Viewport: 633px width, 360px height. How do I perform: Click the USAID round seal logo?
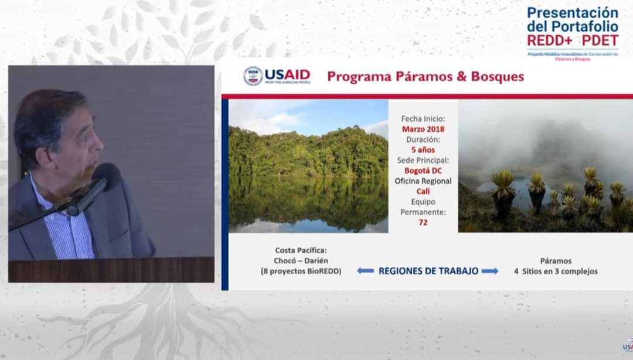(x=253, y=76)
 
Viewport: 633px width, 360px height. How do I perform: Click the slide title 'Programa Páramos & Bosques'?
(x=425, y=77)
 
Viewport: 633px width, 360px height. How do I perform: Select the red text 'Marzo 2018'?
(x=423, y=129)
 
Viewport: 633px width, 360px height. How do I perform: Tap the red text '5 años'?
(x=423, y=150)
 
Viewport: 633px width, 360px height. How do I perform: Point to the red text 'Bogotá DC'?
(x=423, y=171)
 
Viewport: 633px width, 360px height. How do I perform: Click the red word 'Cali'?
(x=423, y=191)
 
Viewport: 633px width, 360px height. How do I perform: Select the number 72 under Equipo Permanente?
(x=423, y=223)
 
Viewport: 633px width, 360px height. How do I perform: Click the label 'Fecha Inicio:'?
(x=423, y=118)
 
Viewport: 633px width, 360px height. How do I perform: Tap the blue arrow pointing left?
(x=365, y=271)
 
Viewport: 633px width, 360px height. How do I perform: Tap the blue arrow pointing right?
(x=490, y=271)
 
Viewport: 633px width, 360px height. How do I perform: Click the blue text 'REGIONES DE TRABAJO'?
(x=428, y=271)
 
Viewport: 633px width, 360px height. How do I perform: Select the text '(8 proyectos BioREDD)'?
(x=301, y=271)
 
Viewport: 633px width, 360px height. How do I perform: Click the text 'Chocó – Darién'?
(x=301, y=261)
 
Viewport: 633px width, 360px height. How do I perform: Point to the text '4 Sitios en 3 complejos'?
(x=556, y=271)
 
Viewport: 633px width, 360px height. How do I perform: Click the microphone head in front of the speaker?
(x=105, y=176)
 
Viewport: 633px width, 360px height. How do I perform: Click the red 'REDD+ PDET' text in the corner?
(x=572, y=40)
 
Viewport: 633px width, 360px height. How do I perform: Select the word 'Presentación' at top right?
(x=572, y=13)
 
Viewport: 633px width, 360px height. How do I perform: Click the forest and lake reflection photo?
(x=308, y=167)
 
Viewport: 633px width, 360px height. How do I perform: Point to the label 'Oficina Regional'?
(x=423, y=181)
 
